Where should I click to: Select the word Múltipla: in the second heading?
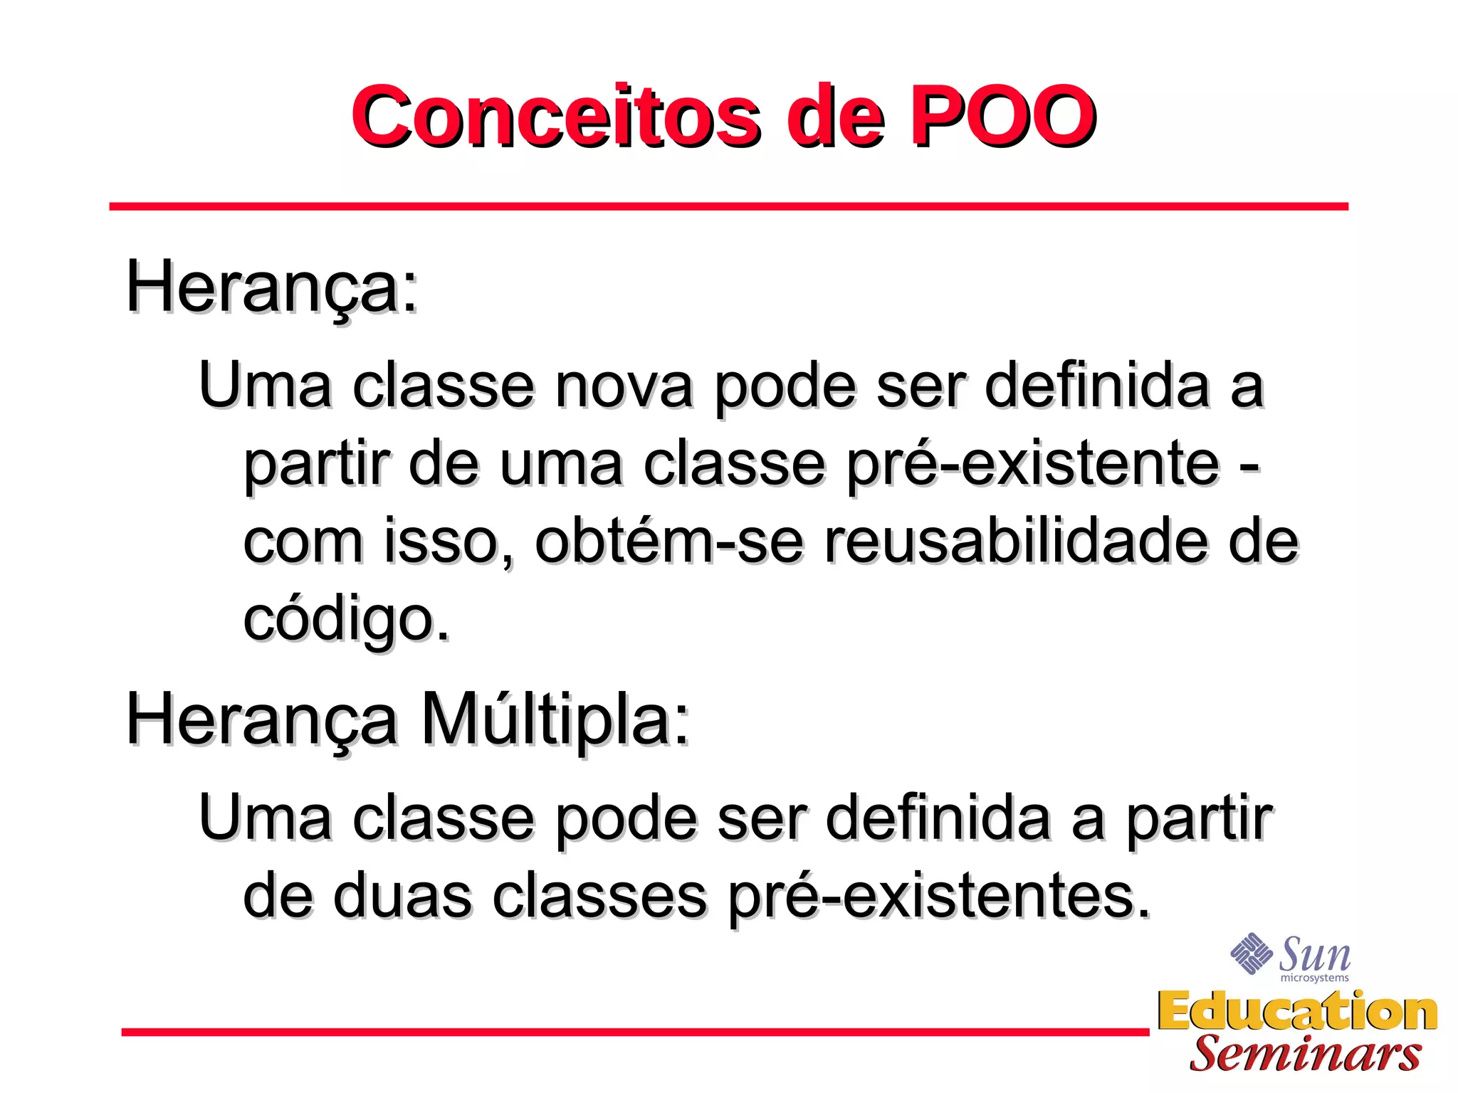coord(555,720)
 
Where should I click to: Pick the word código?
coord(346,619)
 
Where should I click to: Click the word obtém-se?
coord(669,542)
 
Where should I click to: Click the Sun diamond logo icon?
coord(1251,953)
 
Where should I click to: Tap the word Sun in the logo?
coord(1315,954)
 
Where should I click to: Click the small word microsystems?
coord(1314,978)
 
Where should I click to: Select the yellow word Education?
coord(1297,1012)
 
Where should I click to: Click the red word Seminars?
coord(1306,1054)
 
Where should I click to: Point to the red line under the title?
coord(728,206)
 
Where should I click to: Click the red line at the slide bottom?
coord(634,1032)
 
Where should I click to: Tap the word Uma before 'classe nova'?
coord(265,386)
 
